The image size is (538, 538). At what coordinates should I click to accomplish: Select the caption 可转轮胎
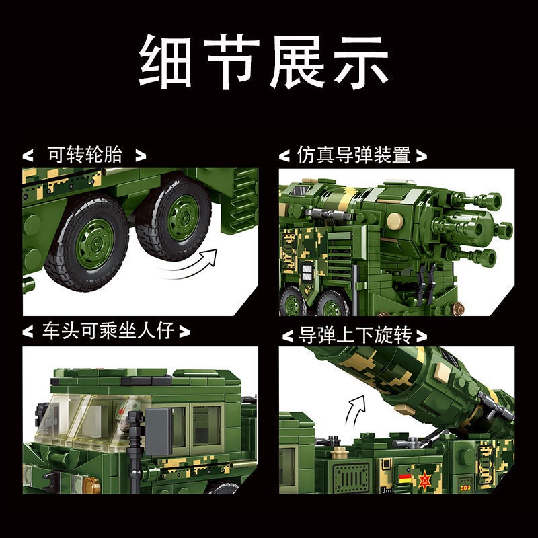84,155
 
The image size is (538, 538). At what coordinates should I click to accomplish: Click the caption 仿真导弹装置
353,155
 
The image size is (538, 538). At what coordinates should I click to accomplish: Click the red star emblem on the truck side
426,480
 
